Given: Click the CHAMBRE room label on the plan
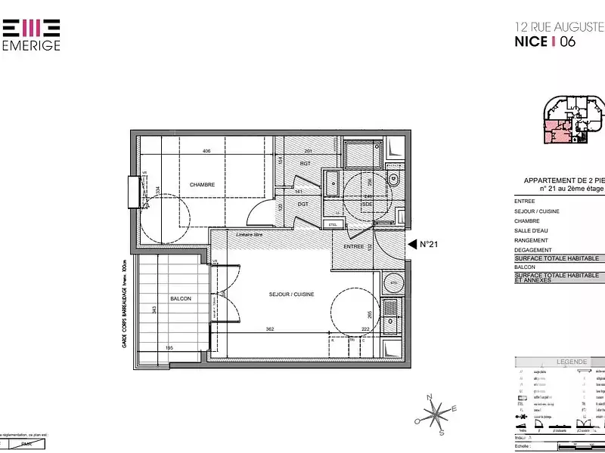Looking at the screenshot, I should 203,185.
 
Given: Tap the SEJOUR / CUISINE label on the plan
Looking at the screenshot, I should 291,294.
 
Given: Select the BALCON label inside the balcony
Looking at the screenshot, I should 181,299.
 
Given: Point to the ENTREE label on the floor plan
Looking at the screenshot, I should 354,247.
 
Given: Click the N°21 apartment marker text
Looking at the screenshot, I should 430,244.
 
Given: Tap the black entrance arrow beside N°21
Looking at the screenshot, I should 411,244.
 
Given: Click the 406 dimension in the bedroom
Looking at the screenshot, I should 206,151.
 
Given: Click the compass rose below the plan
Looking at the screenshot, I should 436,414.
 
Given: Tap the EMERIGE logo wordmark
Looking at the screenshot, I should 31,45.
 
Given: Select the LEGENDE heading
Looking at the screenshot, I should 572,362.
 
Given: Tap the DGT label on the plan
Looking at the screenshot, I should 302,204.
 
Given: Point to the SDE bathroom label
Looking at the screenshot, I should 368,204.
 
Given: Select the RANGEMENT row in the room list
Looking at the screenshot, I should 531,240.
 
